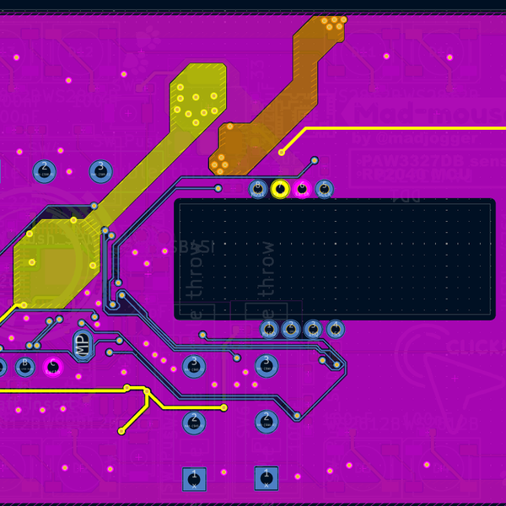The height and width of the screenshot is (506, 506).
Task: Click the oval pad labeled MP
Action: (x=82, y=343)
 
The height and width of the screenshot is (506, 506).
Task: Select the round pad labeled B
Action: (x=24, y=366)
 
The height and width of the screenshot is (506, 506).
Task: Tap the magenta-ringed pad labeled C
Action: (x=53, y=366)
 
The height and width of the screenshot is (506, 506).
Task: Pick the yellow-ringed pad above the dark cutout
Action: (x=280, y=189)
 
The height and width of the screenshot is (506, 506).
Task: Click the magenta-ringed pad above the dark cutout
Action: (x=302, y=189)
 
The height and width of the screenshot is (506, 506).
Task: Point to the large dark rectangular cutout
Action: (x=334, y=259)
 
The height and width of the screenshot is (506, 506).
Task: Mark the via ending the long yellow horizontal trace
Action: (x=282, y=153)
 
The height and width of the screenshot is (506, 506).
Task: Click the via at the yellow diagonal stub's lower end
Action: (x=121, y=431)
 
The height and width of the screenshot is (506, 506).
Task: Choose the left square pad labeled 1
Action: (x=195, y=479)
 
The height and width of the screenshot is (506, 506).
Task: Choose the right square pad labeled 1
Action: (x=266, y=478)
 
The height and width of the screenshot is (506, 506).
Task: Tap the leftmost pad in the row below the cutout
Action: (x=269, y=328)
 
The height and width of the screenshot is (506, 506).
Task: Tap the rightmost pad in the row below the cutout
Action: (x=335, y=328)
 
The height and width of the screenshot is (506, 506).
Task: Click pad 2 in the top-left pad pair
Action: (x=45, y=171)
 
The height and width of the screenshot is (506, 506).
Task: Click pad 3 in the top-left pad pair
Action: (x=101, y=171)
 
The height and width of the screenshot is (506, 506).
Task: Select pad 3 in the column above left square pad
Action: (x=194, y=366)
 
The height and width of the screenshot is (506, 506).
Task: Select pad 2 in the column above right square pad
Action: (x=266, y=421)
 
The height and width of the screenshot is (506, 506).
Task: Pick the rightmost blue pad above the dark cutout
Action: (x=324, y=189)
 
